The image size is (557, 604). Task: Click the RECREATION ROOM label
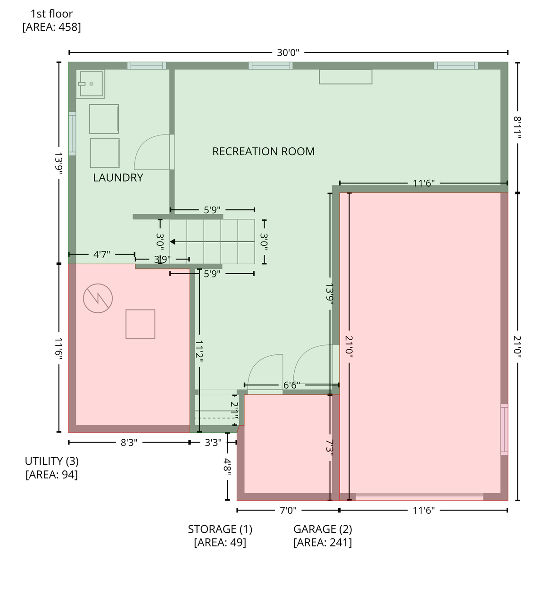pos(263,151)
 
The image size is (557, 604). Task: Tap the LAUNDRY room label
pos(118,177)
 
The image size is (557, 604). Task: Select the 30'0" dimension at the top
pos(288,53)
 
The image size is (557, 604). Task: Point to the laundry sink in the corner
pos(91,84)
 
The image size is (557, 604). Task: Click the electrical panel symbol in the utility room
pos(98,298)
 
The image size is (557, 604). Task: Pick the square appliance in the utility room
pos(141,324)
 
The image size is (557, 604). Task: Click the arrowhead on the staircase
pos(173,242)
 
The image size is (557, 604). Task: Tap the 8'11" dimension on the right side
pos(517,127)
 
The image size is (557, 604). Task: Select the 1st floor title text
pos(52,14)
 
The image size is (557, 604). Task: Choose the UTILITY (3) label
pos(52,461)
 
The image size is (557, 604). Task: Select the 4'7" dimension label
pos(101,254)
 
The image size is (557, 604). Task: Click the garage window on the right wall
pos(504,429)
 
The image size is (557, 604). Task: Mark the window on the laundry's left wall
pos(72,134)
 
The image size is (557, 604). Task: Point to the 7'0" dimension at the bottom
pos(288,510)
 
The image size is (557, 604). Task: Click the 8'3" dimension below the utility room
pos(129,442)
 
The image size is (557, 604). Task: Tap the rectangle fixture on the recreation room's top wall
pos(346,76)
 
